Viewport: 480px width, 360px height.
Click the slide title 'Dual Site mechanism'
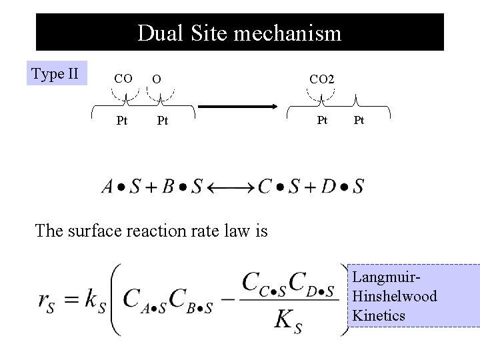[x=239, y=33]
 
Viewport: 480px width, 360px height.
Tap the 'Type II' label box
[x=57, y=74]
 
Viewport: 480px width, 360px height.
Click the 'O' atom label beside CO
[x=156, y=79]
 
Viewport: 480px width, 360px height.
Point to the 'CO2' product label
[x=322, y=79]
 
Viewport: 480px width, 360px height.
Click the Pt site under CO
[x=122, y=121]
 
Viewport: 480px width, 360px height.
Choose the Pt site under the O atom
[x=162, y=121]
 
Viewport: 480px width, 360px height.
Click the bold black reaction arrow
[x=238, y=105]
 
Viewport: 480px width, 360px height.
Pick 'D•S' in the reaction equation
[x=343, y=186]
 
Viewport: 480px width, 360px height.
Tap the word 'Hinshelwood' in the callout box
[x=395, y=295]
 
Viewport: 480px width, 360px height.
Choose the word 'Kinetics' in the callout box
[x=379, y=315]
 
